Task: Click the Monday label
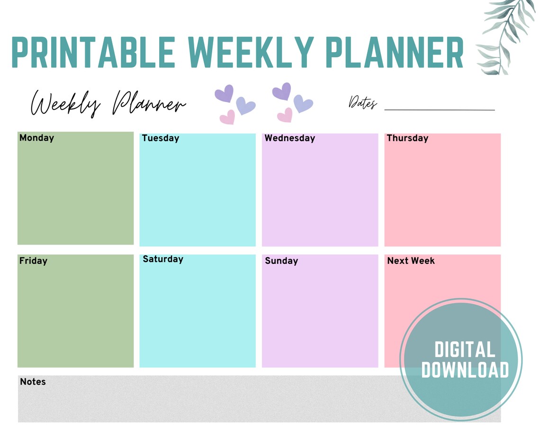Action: coord(36,138)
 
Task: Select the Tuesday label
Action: coord(160,138)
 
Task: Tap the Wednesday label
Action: coord(289,138)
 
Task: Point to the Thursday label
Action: coord(407,138)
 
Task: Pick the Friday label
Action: coord(33,261)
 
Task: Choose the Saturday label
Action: coord(162,259)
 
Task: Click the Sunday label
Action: coord(281,261)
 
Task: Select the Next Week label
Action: coord(411,261)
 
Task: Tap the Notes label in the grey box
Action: coord(33,381)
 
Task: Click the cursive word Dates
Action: coord(363,102)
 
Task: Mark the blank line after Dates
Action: coord(439,109)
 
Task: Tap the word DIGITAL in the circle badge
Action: coord(465,350)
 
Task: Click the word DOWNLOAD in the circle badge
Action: coord(465,370)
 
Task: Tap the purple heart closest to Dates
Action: coord(303,103)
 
